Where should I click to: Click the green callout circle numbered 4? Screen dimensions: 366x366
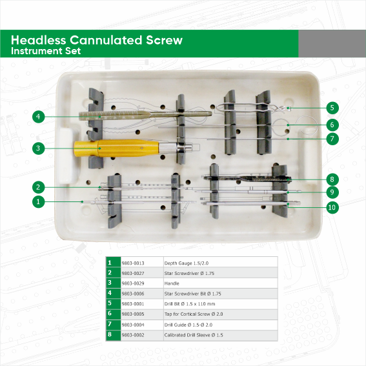point(38,117)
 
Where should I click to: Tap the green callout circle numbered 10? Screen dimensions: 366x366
point(332,207)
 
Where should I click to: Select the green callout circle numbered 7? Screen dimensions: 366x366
point(332,139)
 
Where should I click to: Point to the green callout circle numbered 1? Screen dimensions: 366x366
point(38,201)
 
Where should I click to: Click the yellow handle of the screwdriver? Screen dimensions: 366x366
point(117,148)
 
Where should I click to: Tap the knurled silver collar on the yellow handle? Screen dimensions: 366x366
point(168,148)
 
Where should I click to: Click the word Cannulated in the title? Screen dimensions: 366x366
point(106,40)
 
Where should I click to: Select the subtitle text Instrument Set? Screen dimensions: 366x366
point(46,51)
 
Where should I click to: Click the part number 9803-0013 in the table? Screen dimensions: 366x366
point(133,263)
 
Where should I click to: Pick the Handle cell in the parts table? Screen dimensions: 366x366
point(172,283)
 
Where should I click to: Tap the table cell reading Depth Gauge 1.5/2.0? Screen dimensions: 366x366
point(187,263)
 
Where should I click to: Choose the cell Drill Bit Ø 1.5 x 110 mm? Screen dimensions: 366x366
point(190,304)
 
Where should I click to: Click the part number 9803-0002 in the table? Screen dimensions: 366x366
point(133,335)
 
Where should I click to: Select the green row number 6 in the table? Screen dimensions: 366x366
point(110,313)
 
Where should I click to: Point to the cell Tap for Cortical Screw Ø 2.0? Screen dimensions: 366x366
point(194,314)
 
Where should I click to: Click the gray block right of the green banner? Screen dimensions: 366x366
point(332,44)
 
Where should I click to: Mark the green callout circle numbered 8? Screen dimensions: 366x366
point(332,179)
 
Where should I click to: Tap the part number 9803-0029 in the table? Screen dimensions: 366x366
point(133,283)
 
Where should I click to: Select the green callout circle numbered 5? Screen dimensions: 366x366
point(332,108)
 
